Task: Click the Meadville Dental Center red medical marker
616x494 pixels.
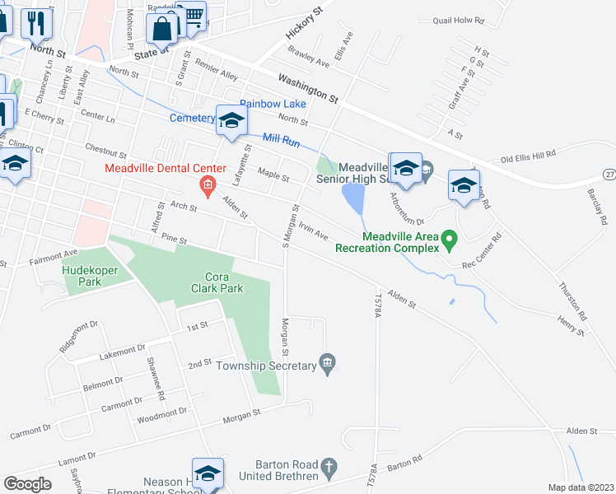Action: pos(208,186)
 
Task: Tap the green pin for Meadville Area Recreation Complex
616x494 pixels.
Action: pos(449,240)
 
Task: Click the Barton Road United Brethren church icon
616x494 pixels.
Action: pos(328,467)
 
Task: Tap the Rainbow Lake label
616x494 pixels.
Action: pos(273,105)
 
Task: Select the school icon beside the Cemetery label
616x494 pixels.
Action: pos(231,121)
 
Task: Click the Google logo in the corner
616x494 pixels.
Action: pos(27,484)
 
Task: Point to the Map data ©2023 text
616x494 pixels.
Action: pos(581,487)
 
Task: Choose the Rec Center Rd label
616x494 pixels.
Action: pos(482,252)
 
